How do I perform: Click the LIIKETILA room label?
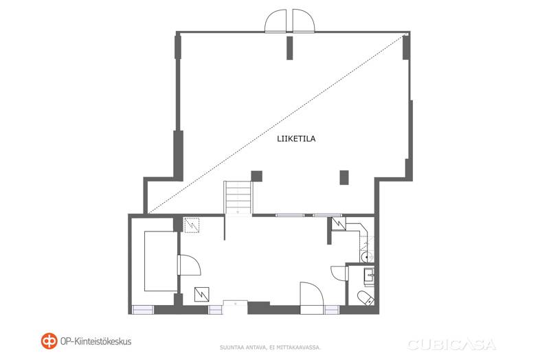point(296,139)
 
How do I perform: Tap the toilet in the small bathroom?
point(365,297)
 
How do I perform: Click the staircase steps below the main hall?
point(238,197)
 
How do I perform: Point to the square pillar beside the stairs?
point(256,176)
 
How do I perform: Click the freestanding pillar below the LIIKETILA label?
point(344,177)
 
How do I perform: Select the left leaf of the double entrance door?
point(275,21)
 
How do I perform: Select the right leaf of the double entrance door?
point(304,21)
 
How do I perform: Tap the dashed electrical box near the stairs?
point(192,225)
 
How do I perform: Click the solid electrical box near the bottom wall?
point(201,294)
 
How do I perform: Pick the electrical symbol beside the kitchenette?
point(338,224)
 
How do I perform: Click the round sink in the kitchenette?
point(365,257)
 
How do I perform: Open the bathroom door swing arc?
point(339,273)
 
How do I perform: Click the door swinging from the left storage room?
point(190,265)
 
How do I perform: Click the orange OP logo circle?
point(49,341)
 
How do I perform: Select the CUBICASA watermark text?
point(451,344)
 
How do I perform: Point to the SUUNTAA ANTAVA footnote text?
point(271,348)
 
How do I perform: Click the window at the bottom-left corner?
point(143,310)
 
